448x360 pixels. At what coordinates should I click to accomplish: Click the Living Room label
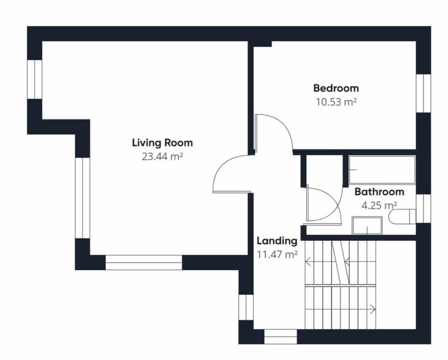pyautogui.click(x=162, y=142)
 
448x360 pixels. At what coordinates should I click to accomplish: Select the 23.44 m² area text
pyautogui.click(x=162, y=157)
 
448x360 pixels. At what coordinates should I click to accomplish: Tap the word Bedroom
pyautogui.click(x=336, y=88)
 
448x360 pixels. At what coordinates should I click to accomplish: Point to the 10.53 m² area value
pyautogui.click(x=336, y=102)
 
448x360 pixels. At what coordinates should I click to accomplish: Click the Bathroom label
pyautogui.click(x=379, y=191)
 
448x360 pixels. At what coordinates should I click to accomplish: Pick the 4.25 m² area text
pyautogui.click(x=379, y=205)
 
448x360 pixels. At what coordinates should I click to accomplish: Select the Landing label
pyautogui.click(x=277, y=241)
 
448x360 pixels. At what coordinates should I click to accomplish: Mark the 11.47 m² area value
pyautogui.click(x=277, y=254)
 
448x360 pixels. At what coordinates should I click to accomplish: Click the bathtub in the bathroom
pyautogui.click(x=382, y=170)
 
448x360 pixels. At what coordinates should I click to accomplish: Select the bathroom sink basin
pyautogui.click(x=367, y=225)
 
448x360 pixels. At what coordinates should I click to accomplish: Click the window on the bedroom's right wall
pyautogui.click(x=423, y=93)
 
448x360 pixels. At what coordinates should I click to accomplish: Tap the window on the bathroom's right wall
pyautogui.click(x=423, y=208)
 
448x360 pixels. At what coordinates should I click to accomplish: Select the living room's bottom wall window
pyautogui.click(x=144, y=262)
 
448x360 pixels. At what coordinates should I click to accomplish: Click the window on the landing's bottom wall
pyautogui.click(x=280, y=337)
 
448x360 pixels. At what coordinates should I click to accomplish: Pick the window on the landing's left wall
pyautogui.click(x=245, y=307)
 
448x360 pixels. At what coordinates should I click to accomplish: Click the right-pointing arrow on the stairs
pyautogui.click(x=372, y=308)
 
